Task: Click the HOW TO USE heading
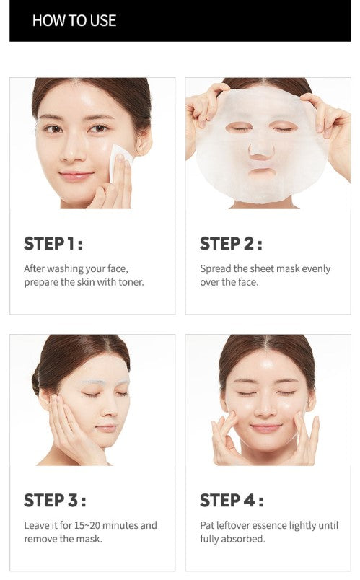[x=74, y=20]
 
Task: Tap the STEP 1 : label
[x=53, y=244]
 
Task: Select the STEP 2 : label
[x=232, y=244]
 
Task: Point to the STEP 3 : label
[x=55, y=501]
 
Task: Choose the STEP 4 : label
[x=232, y=501]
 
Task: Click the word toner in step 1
[x=131, y=282]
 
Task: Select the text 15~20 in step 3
[x=87, y=525]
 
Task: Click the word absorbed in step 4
[x=247, y=539]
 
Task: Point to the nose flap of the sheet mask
[x=261, y=149]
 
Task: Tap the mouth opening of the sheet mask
[x=262, y=172]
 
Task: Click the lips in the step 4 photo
[x=265, y=428]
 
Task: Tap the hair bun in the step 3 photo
[x=36, y=380]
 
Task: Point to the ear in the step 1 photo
[x=144, y=141]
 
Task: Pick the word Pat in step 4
[x=206, y=525]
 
